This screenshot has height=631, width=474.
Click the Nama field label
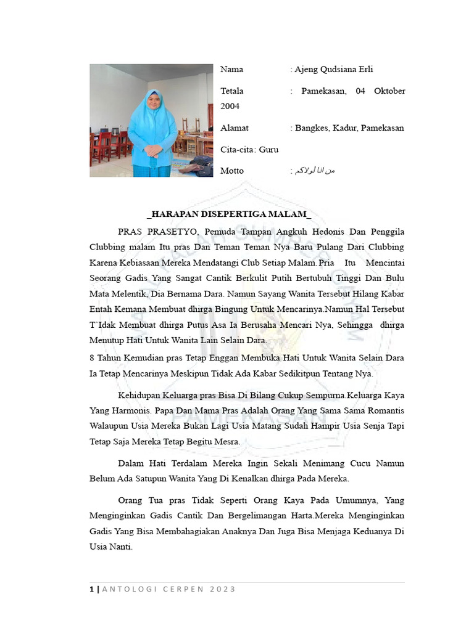click(232, 70)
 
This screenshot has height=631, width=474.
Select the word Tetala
click(232, 91)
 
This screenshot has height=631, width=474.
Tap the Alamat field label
click(235, 128)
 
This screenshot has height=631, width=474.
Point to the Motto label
click(232, 171)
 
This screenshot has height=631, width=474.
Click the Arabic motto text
click(314, 171)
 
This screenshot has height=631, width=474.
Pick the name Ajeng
click(307, 70)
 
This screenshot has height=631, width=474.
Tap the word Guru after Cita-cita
click(269, 150)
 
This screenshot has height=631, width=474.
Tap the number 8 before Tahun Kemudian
click(92, 357)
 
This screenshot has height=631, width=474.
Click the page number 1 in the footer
click(92, 590)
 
